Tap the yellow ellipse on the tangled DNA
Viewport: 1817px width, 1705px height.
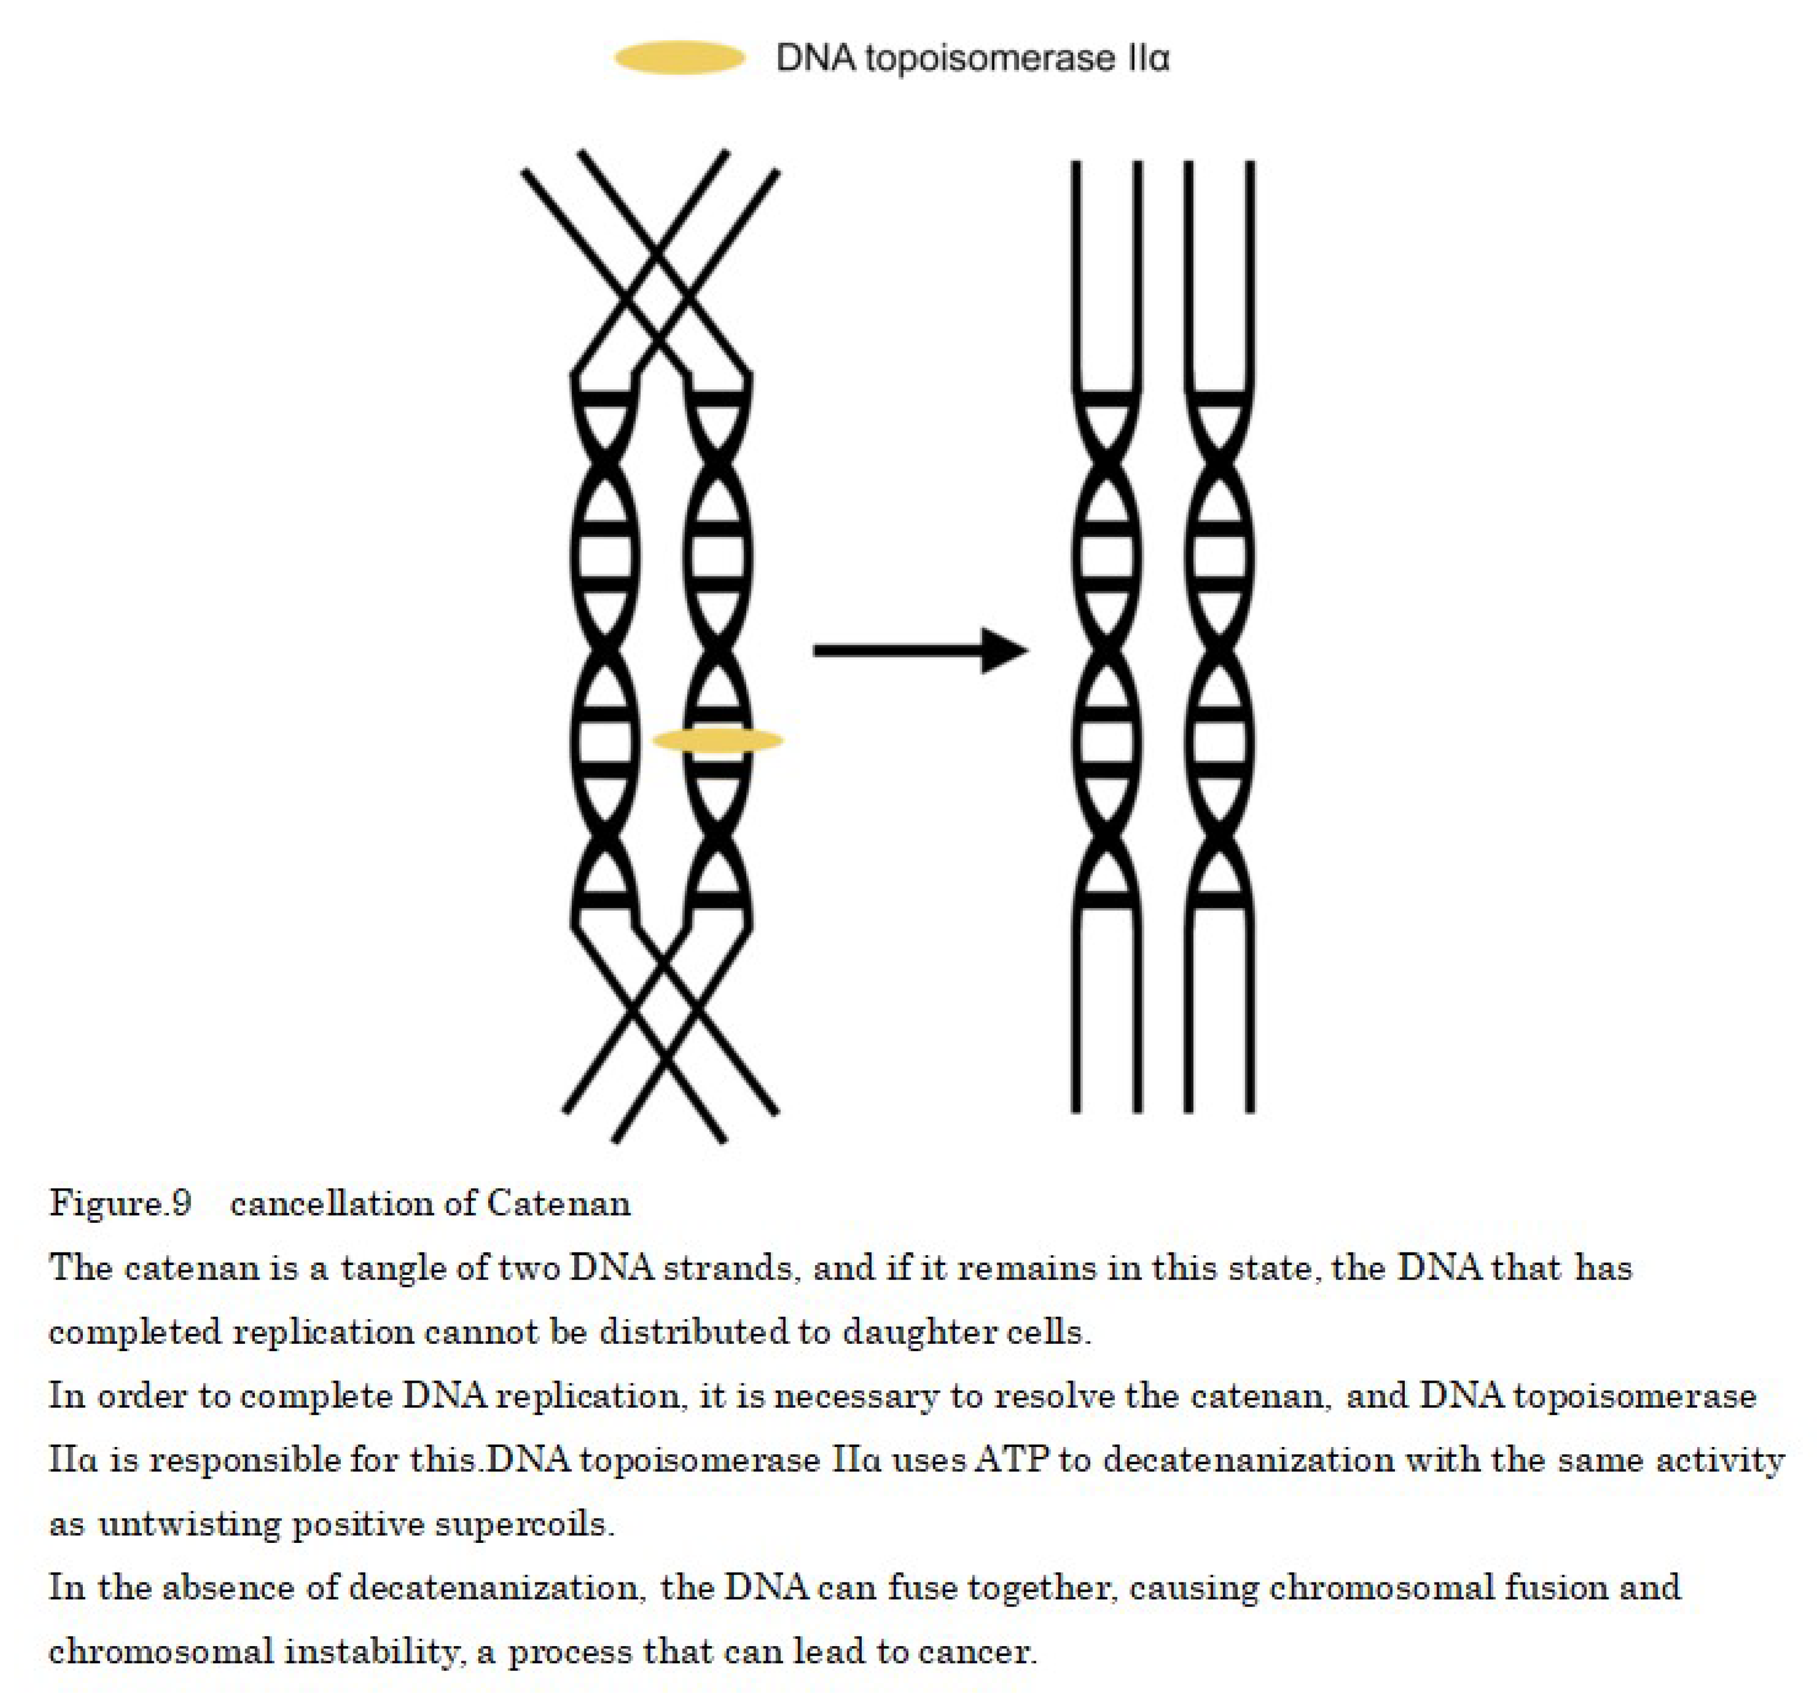[718, 741]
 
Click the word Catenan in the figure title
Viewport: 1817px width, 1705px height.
[559, 1203]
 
